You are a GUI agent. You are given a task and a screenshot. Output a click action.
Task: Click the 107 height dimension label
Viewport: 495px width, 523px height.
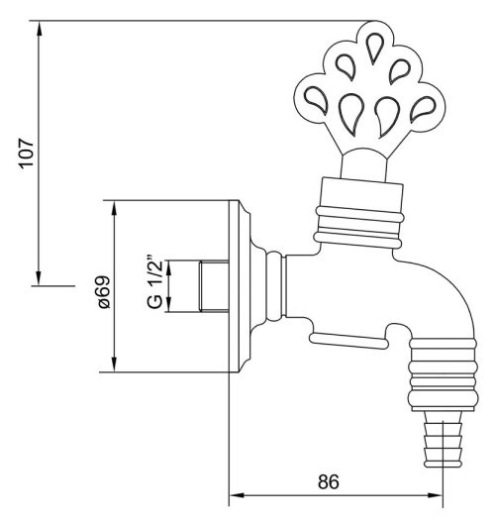tap(26, 153)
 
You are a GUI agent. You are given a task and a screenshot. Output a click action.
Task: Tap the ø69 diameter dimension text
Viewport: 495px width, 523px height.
tap(103, 292)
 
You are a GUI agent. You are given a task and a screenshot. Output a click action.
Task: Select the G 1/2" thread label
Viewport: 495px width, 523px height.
tap(154, 283)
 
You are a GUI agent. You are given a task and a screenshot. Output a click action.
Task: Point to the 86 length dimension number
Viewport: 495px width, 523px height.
tap(328, 481)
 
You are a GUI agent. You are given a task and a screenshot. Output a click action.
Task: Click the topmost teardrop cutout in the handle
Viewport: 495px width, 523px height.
tap(374, 48)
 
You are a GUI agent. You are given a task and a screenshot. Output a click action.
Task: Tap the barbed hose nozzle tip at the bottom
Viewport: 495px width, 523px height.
tap(443, 439)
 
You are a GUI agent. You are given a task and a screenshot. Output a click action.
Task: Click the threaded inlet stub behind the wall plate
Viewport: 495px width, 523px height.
tap(214, 287)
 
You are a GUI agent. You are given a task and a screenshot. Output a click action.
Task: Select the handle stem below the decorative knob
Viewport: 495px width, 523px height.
tap(363, 164)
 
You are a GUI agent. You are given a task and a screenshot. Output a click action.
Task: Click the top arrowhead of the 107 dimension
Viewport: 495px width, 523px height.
tap(39, 28)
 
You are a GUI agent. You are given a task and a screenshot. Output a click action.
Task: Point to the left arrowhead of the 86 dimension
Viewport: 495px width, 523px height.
tap(238, 494)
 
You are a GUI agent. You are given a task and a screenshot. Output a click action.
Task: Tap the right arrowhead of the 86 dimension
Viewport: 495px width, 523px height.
tap(435, 494)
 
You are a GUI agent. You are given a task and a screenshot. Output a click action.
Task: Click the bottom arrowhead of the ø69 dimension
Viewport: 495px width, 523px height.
tap(114, 364)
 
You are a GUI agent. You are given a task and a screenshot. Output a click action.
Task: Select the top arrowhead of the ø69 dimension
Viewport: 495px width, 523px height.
tap(114, 208)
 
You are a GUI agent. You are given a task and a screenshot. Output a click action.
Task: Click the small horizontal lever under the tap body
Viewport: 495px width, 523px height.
tap(349, 341)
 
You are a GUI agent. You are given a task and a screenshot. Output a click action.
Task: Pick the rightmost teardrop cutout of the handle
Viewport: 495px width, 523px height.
tap(423, 108)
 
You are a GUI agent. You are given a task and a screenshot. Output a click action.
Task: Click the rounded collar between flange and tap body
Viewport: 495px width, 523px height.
tap(274, 286)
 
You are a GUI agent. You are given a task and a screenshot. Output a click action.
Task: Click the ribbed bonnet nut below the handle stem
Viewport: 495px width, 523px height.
tap(359, 213)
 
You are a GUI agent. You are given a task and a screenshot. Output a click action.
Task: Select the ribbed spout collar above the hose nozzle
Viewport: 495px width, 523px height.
tap(443, 374)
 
